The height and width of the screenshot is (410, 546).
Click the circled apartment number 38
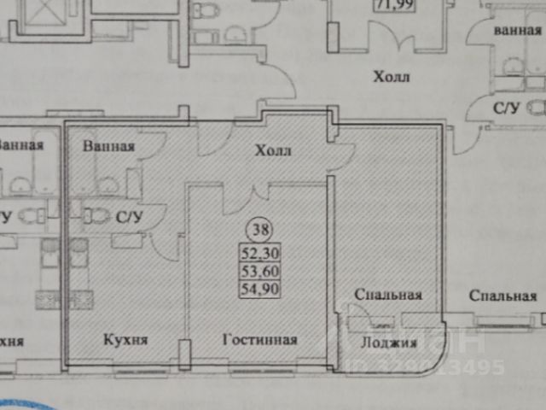click(x=256, y=229)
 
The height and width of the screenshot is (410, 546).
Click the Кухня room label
click(x=125, y=339)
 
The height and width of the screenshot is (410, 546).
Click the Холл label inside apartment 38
click(x=274, y=151)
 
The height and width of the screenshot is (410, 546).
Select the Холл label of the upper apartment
click(x=392, y=78)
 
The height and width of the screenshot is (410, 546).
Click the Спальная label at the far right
click(x=502, y=296)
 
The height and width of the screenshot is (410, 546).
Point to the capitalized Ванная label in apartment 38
click(x=109, y=145)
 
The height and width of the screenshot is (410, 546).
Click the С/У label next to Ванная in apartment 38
click(x=128, y=216)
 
